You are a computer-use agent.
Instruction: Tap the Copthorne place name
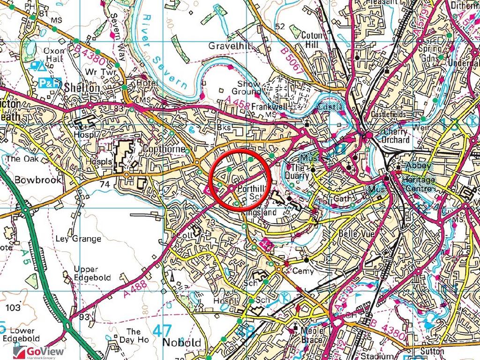click(x=159, y=150)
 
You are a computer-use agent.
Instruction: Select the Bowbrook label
click(x=32, y=180)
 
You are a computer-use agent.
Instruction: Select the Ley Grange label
click(x=78, y=239)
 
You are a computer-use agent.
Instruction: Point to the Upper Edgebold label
click(x=92, y=273)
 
